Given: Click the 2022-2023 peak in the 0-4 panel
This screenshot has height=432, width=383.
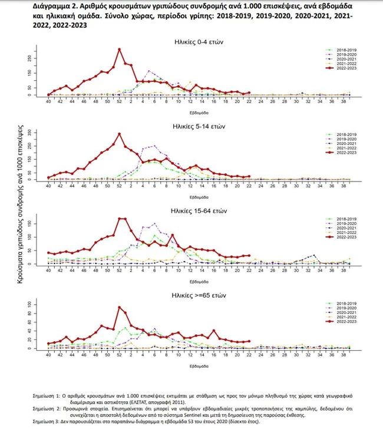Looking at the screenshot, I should pos(119,50).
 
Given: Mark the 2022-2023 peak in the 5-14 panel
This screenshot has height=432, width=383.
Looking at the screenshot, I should pos(119,134).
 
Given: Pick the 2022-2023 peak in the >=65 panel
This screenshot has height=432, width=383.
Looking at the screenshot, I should pos(119,307).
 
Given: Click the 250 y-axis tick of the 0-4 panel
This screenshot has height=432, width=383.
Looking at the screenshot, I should pos(29,58).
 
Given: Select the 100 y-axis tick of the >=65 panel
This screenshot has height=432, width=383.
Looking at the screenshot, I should pos(29,304).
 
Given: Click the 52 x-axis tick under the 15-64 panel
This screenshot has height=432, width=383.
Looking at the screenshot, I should pos(118,272).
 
